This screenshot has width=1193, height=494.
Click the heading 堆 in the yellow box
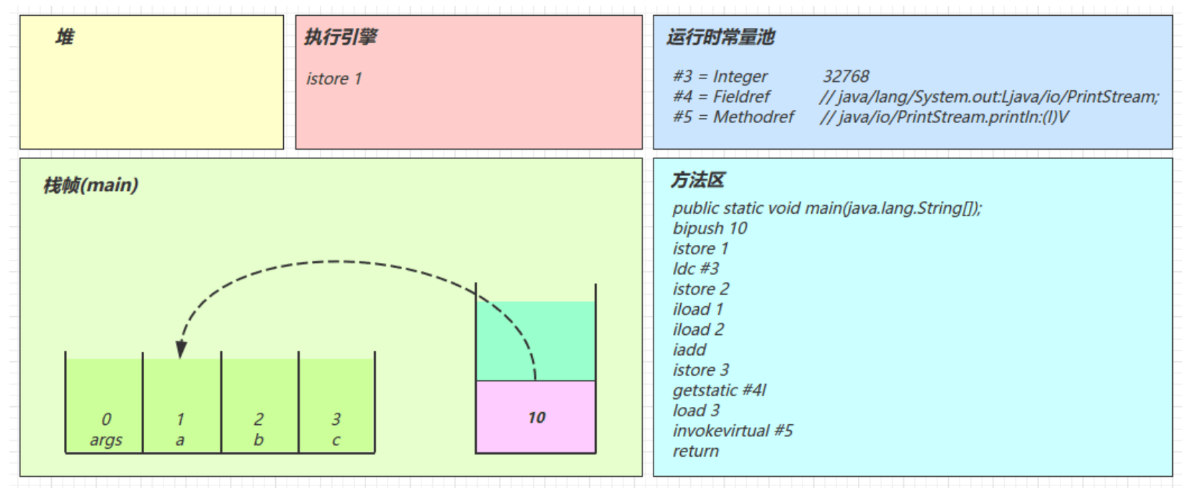coord(65,37)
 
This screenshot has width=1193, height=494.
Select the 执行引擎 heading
coord(340,37)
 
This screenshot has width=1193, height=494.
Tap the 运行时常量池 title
coord(720,37)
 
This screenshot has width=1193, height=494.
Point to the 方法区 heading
coord(697,180)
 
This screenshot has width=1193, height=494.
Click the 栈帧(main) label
coord(91,185)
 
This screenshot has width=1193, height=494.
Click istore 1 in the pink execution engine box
coord(334,78)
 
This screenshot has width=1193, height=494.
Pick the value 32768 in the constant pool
coord(846,76)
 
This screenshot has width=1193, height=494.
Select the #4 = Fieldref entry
coord(721,96)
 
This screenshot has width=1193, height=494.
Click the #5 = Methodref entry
coord(733,117)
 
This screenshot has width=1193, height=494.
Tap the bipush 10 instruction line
coord(710,228)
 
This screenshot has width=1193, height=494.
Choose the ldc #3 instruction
coord(696,269)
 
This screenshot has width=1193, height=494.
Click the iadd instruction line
coord(689,350)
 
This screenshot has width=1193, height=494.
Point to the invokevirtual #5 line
coord(733,431)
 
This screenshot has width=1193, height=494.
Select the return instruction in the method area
coord(695,452)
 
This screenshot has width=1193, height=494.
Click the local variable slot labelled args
coord(105,429)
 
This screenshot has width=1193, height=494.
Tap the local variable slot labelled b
coord(259,429)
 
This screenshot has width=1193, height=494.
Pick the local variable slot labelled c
coord(336,429)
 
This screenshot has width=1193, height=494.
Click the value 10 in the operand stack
coord(537,418)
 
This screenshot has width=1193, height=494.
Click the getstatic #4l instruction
coord(719,390)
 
